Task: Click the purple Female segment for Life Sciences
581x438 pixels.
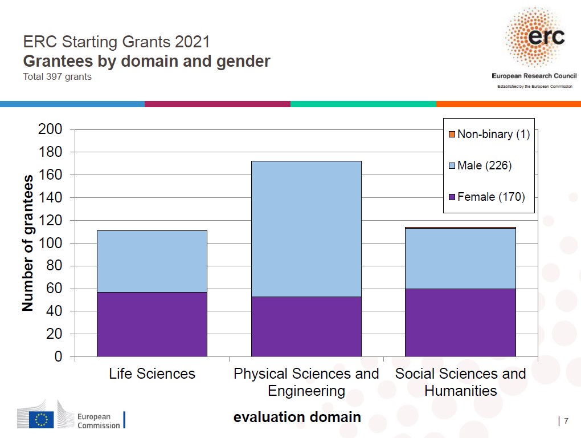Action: (152, 324)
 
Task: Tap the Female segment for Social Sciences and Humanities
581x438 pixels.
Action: (460, 322)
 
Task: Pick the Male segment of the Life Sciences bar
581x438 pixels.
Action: (152, 261)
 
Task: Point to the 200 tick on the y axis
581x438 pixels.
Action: (50, 129)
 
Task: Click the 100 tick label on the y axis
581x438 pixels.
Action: (50, 243)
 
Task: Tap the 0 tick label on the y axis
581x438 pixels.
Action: (58, 357)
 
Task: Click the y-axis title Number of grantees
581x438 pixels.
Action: (27, 243)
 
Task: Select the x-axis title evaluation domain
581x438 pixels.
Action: (297, 417)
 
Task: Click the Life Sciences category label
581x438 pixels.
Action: (152, 374)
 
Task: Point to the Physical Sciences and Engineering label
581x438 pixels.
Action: (306, 382)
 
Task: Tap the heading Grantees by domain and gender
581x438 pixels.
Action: (146, 61)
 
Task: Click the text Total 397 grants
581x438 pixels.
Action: (57, 76)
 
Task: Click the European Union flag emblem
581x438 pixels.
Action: (42, 419)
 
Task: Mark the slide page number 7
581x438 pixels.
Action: (566, 421)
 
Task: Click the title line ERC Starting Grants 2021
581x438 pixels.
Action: (116, 42)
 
